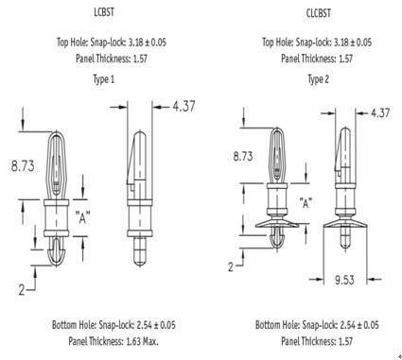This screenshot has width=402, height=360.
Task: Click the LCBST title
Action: pyautogui.click(x=104, y=12)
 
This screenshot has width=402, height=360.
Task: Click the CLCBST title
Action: pyautogui.click(x=319, y=13)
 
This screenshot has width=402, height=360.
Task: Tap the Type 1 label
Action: pyautogui.click(x=104, y=79)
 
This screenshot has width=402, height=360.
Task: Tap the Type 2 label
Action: pyautogui.click(x=319, y=79)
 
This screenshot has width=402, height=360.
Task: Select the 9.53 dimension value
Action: pyautogui.click(x=344, y=280)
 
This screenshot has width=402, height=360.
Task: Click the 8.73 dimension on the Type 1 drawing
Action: pyautogui.click(x=23, y=166)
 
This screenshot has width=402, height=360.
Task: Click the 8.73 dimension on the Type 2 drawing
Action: pyautogui.click(x=243, y=156)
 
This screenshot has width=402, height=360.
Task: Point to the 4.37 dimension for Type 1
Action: pyautogui.click(x=184, y=106)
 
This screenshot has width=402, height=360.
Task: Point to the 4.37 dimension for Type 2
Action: pyautogui.click(x=380, y=112)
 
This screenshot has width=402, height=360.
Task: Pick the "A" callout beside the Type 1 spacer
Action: pyautogui.click(x=82, y=217)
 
